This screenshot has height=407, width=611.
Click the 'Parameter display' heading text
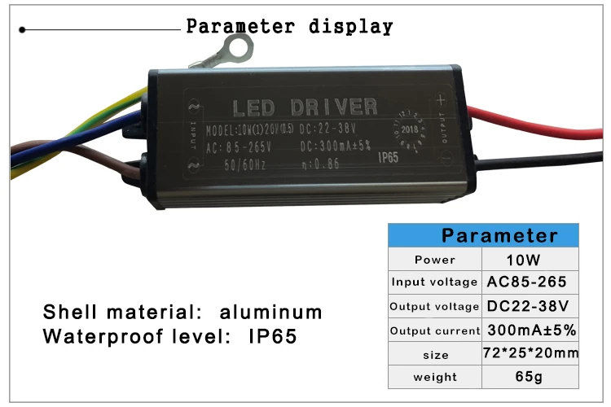(x=289, y=26)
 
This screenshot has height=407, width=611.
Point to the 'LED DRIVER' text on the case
(x=305, y=107)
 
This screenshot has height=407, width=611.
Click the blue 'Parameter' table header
(x=499, y=236)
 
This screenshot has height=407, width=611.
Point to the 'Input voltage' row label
(x=434, y=282)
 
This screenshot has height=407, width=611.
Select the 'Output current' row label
(x=434, y=330)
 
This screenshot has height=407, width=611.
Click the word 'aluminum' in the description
(x=271, y=313)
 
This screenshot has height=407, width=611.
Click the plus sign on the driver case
(x=441, y=101)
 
